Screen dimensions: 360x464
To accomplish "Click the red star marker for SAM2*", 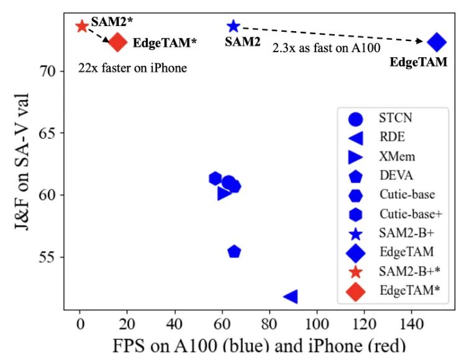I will [x=81, y=26].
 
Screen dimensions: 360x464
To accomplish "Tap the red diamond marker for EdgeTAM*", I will [x=117, y=42].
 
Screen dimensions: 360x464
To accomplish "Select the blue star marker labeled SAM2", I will [x=233, y=26].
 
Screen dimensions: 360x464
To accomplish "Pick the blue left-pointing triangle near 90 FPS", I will [x=290, y=297].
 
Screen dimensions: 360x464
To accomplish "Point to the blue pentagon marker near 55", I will [x=234, y=252].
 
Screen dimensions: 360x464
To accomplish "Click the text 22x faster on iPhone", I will [x=132, y=68].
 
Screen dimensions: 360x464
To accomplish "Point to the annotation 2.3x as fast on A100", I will [x=327, y=47].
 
